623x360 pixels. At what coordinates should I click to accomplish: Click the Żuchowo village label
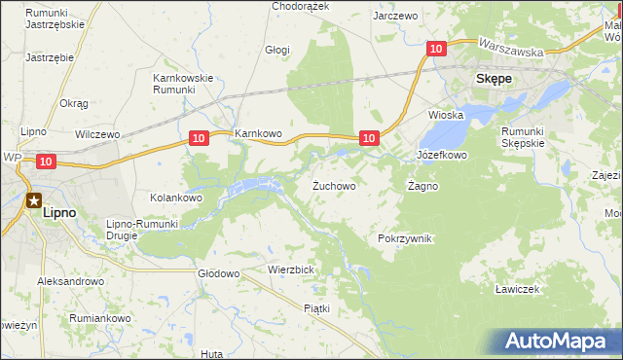[x=333, y=185]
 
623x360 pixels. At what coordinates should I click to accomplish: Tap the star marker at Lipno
[x=34, y=200]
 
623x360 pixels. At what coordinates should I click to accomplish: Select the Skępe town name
[x=493, y=80]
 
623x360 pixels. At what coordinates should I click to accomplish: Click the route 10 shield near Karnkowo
[x=198, y=138]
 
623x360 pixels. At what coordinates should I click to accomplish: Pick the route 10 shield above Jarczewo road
[x=435, y=48]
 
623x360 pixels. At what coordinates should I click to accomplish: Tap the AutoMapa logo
[x=560, y=342]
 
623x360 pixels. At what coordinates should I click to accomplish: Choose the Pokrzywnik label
[x=404, y=238]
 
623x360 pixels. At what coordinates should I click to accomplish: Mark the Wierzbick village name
[x=289, y=270]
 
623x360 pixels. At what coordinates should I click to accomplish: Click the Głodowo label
[x=218, y=274]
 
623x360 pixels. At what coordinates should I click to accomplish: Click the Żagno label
[x=422, y=185]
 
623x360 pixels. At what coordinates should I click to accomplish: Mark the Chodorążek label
[x=301, y=6]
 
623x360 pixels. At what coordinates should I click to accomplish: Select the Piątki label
[x=317, y=308]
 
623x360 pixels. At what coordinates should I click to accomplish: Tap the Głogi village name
[x=277, y=49]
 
